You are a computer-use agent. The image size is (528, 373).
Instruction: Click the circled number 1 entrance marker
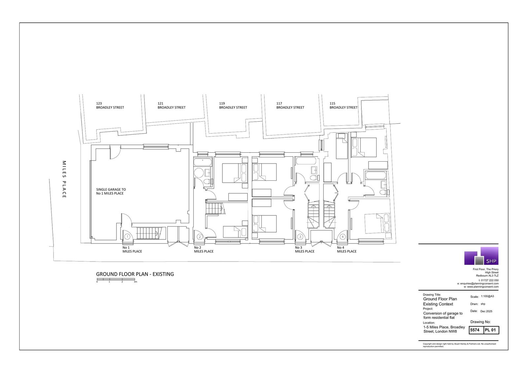[127, 236]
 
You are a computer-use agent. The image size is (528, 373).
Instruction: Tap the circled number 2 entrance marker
[200, 236]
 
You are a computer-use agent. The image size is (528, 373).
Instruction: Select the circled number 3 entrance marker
[300, 236]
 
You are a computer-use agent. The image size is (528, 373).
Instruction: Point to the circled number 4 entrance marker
[343, 236]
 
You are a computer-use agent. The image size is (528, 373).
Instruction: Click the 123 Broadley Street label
[110, 105]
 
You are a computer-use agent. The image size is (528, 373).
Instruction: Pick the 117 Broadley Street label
[290, 105]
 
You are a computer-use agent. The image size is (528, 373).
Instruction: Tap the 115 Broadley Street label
[344, 105]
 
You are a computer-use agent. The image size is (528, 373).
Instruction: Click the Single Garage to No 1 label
[111, 191]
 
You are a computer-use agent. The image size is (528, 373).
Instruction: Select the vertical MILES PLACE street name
[64, 179]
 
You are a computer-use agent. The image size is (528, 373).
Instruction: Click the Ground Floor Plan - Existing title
[135, 274]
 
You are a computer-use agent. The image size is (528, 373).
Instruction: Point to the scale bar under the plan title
[116, 279]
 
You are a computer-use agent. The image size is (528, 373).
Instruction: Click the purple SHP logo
[481, 256]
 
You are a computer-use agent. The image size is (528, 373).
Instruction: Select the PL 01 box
[491, 330]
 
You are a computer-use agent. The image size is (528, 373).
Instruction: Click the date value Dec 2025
[486, 311]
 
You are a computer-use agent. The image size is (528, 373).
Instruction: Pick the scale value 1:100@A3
[487, 296]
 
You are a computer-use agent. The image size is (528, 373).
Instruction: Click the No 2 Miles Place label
[204, 250]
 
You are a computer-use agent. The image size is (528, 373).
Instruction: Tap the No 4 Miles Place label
[347, 250]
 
